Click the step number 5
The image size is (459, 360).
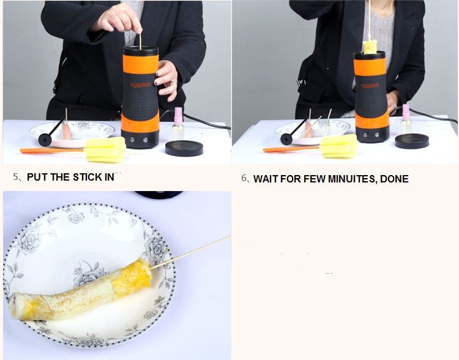point(15,176)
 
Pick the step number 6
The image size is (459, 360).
point(244,178)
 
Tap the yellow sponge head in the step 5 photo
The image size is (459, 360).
point(105,149)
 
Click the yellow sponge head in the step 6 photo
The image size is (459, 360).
point(339,146)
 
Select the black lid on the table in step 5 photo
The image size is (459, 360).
point(184,148)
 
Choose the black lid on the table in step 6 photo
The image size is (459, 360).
point(412,141)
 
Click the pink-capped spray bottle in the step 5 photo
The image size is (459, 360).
point(177,124)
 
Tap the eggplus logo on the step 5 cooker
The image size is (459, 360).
point(140,84)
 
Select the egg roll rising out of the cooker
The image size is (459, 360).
point(370,48)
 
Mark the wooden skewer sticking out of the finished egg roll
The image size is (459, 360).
point(190,252)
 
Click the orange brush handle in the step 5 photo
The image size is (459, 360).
point(52,150)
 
